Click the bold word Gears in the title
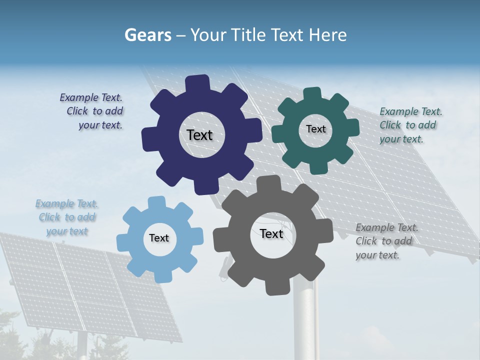click(147, 35)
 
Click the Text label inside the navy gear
click(199, 135)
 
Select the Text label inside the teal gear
click(315, 129)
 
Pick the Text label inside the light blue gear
click(159, 238)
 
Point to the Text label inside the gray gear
click(271, 233)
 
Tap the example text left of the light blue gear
click(67, 217)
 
